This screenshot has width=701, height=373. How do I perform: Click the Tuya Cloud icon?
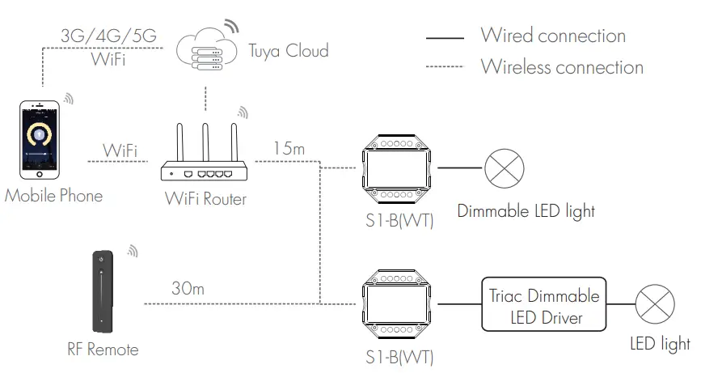[203, 49]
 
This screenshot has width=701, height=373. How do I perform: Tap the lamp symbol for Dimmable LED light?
[504, 169]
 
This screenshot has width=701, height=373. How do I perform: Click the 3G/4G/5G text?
[106, 36]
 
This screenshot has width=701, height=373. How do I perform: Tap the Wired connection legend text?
[553, 36]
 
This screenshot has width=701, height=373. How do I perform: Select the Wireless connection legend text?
[562, 66]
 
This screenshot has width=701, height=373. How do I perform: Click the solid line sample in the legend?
[445, 37]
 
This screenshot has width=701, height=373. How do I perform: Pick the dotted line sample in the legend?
[445, 67]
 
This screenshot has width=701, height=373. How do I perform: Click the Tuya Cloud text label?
[289, 50]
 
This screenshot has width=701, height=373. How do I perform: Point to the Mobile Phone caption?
[53, 196]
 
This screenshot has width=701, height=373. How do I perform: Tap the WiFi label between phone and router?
[120, 150]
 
